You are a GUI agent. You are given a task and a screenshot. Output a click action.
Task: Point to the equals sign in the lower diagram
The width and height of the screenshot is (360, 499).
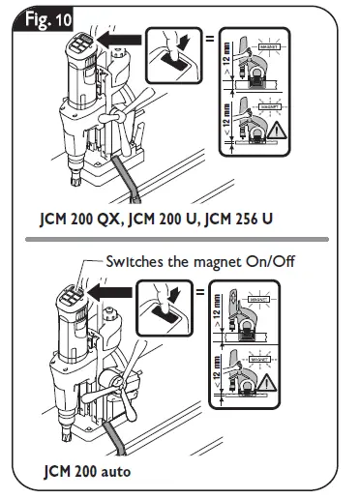[200, 293]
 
